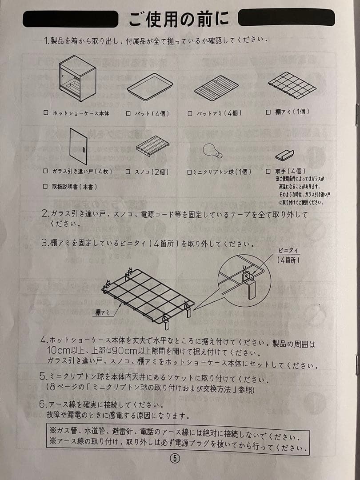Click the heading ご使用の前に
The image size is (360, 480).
point(179,19)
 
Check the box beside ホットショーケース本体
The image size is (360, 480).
point(46,113)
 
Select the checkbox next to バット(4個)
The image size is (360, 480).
point(128,113)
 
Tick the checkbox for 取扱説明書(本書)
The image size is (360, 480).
point(46,187)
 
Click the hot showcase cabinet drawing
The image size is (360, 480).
point(77,78)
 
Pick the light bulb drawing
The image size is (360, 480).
point(212,151)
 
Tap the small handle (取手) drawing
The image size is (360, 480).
point(285,155)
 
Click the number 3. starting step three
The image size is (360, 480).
point(44,243)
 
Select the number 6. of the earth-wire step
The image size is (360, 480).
point(44,404)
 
